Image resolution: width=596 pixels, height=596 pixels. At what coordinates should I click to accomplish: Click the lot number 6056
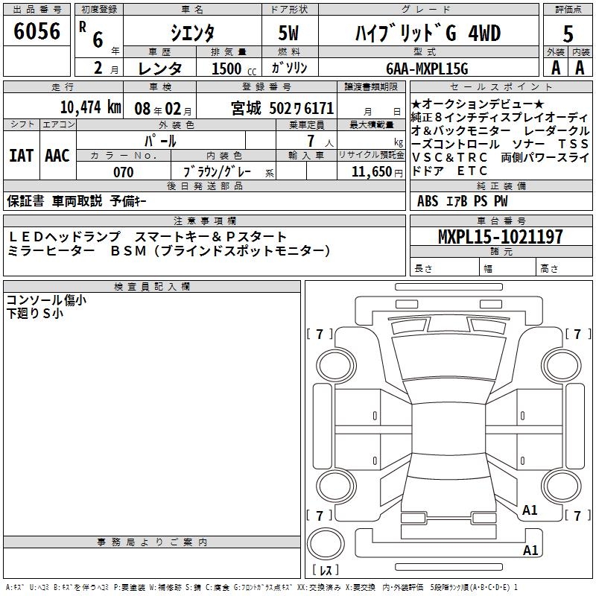point(37,31)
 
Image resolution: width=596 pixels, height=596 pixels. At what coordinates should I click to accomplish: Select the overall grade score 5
point(568,34)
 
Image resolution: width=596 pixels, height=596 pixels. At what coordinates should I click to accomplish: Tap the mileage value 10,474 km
point(91,107)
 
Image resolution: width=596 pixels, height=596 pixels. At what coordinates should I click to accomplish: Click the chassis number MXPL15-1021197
point(501,237)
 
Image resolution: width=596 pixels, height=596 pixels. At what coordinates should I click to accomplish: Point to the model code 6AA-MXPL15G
point(427,69)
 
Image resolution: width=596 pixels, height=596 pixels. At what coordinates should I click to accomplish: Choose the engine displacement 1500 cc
point(234,69)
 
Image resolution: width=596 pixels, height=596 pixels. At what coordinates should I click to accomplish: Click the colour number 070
point(124,172)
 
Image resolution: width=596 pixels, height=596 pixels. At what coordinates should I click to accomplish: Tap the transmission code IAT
point(21,156)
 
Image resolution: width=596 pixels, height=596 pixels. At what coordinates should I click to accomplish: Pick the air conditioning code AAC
point(57,156)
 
